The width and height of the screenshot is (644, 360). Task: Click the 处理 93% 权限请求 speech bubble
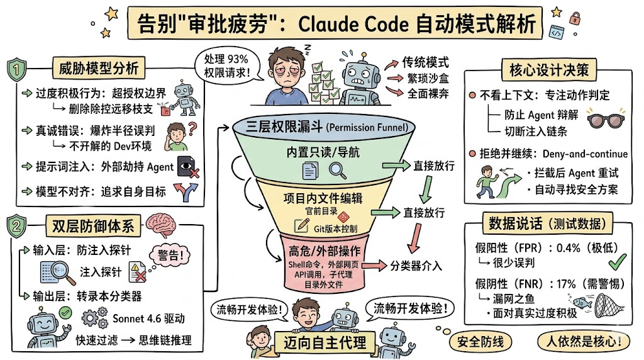tap(226, 65)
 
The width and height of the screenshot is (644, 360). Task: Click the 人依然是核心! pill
tap(584, 342)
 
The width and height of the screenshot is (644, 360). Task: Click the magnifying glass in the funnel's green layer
tap(338, 171)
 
